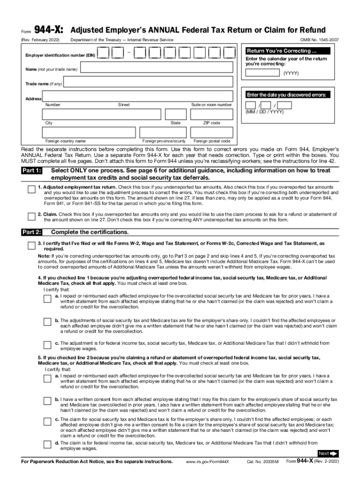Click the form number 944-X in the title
[49, 30]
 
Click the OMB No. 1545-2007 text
[320, 41]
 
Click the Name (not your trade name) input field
[156, 69]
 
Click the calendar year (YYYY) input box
[263, 73]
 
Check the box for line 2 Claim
[31, 216]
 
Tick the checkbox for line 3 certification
[31, 246]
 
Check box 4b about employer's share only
[47, 322]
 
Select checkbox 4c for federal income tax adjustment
[47, 345]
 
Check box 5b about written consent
[47, 401]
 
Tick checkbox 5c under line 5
[47, 422]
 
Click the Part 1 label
[32, 171]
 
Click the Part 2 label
[32, 232]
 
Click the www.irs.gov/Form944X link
[208, 462]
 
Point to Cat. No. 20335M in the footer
[262, 462]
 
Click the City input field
[101, 115]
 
